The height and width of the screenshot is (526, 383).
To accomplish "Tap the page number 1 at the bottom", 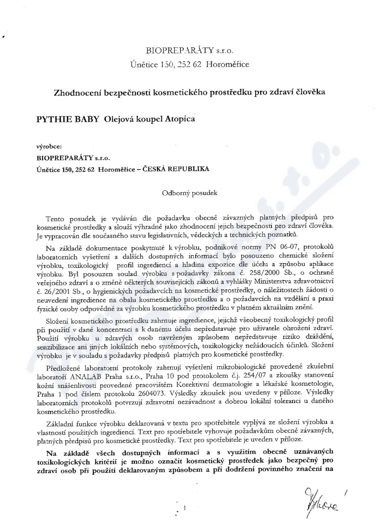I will [184, 507].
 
